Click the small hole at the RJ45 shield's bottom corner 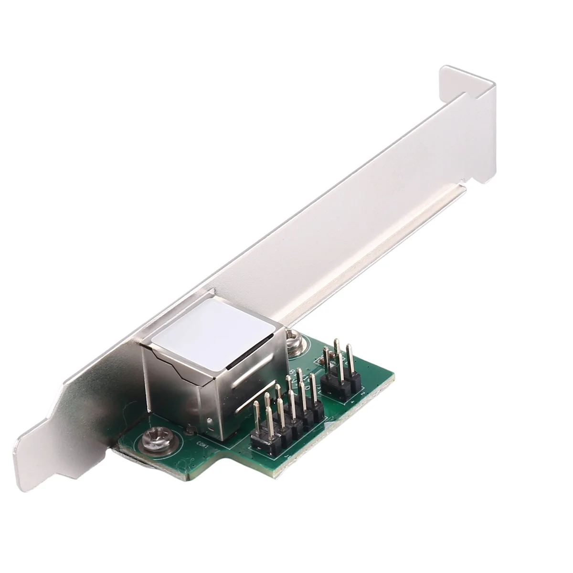click(209, 420)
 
